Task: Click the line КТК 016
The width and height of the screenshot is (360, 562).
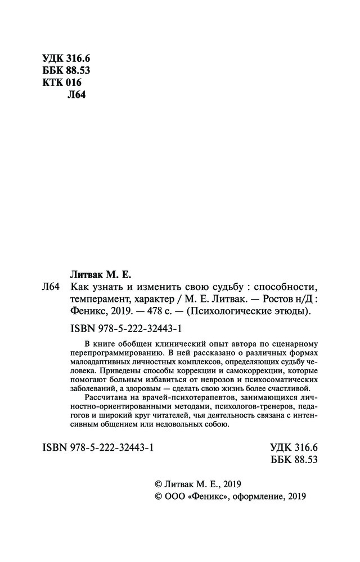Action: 62,83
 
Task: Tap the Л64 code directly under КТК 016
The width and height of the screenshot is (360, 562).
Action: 75,95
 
